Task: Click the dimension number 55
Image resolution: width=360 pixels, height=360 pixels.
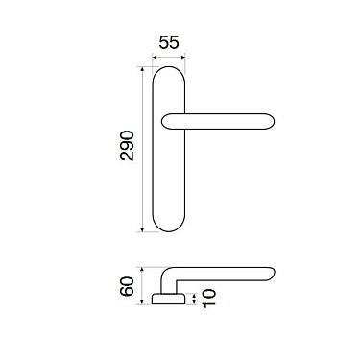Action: coord(169,43)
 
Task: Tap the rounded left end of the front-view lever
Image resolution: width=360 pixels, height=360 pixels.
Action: coord(166,119)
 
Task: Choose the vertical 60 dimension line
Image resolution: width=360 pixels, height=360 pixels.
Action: coord(141,285)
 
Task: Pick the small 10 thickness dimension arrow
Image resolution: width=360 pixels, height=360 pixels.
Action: coord(196,300)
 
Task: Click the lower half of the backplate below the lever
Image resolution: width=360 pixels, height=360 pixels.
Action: coord(169,182)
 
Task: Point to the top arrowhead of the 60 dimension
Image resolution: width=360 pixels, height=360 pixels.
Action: coord(141,269)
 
